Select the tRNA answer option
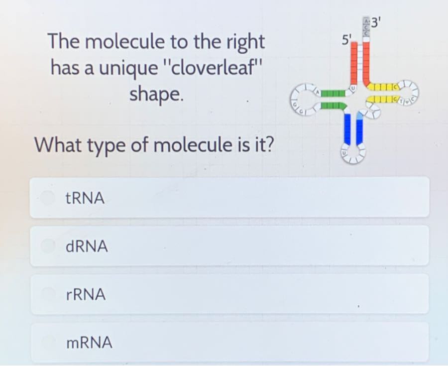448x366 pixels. [x=229, y=198]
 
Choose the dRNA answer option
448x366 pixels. [x=229, y=246]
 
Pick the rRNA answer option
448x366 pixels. [x=229, y=295]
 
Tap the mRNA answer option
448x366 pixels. [x=229, y=343]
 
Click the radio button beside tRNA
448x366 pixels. [x=48, y=198]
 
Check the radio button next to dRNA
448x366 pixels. [x=48, y=245]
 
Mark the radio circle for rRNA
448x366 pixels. [x=48, y=294]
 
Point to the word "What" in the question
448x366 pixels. [x=55, y=145]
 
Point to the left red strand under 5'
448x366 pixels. [x=354, y=62]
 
